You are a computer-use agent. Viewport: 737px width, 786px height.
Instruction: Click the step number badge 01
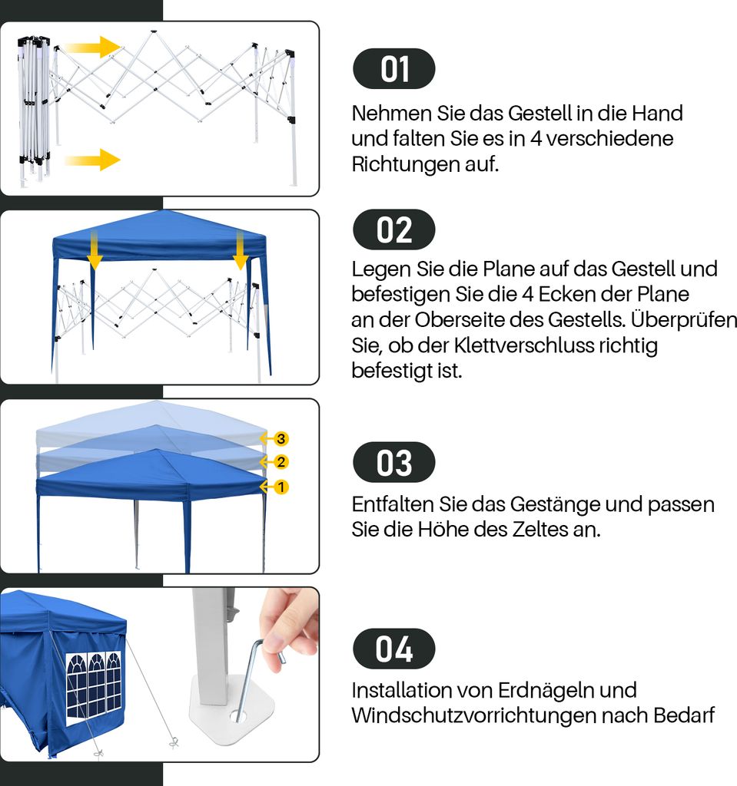394,68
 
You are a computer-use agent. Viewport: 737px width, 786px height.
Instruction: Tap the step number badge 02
394,230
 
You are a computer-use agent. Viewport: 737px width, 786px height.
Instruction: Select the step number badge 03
394,462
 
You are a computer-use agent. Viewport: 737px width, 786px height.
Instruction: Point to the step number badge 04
394,649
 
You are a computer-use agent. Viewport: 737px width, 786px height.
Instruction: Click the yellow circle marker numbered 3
281,439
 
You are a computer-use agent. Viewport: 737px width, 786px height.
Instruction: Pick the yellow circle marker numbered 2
281,462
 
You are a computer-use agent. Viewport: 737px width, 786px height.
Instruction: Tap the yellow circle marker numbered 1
281,487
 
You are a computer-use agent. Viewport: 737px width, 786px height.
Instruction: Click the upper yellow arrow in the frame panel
92,47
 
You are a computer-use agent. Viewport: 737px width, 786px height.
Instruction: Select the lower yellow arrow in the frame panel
92,160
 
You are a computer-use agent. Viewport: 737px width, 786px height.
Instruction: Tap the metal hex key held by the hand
254,677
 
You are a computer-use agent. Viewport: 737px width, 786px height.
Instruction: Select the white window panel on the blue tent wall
94,688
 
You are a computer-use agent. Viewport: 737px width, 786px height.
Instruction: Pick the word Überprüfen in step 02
684,320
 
